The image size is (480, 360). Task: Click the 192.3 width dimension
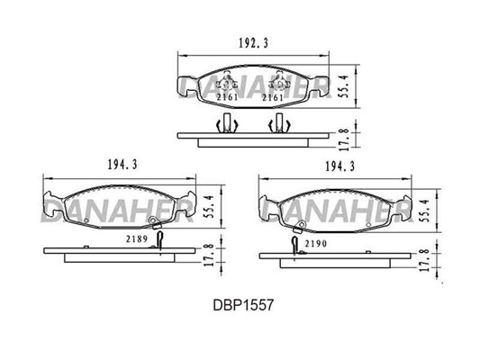coord(253,44)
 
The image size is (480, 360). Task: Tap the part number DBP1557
coord(243,305)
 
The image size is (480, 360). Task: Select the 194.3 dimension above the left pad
coord(122,166)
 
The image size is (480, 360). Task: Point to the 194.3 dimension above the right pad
coord(340,166)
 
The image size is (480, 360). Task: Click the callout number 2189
coord(137,238)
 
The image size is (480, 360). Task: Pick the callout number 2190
coord(316,244)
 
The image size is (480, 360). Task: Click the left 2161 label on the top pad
coord(227,97)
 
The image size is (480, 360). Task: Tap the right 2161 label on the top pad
coord(273,97)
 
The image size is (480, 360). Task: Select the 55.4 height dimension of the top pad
coord(344,86)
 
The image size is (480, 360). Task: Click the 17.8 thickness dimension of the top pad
coord(344,139)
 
